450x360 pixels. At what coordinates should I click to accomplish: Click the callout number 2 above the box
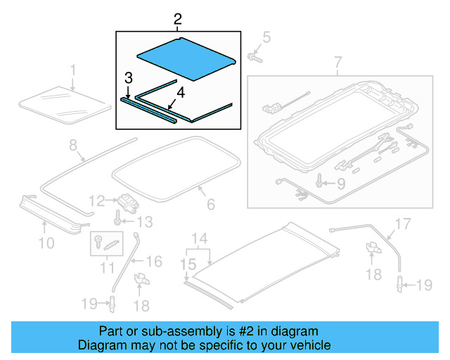coord(178,18)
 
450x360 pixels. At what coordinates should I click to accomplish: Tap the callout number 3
coord(127,77)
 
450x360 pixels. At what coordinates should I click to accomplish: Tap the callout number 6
coord(210,205)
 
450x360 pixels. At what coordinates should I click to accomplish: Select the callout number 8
coord(72,146)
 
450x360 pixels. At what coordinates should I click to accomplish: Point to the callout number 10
coord(46,244)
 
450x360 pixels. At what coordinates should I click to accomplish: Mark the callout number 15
coord(188,264)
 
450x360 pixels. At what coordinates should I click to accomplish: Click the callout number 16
coord(153,262)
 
